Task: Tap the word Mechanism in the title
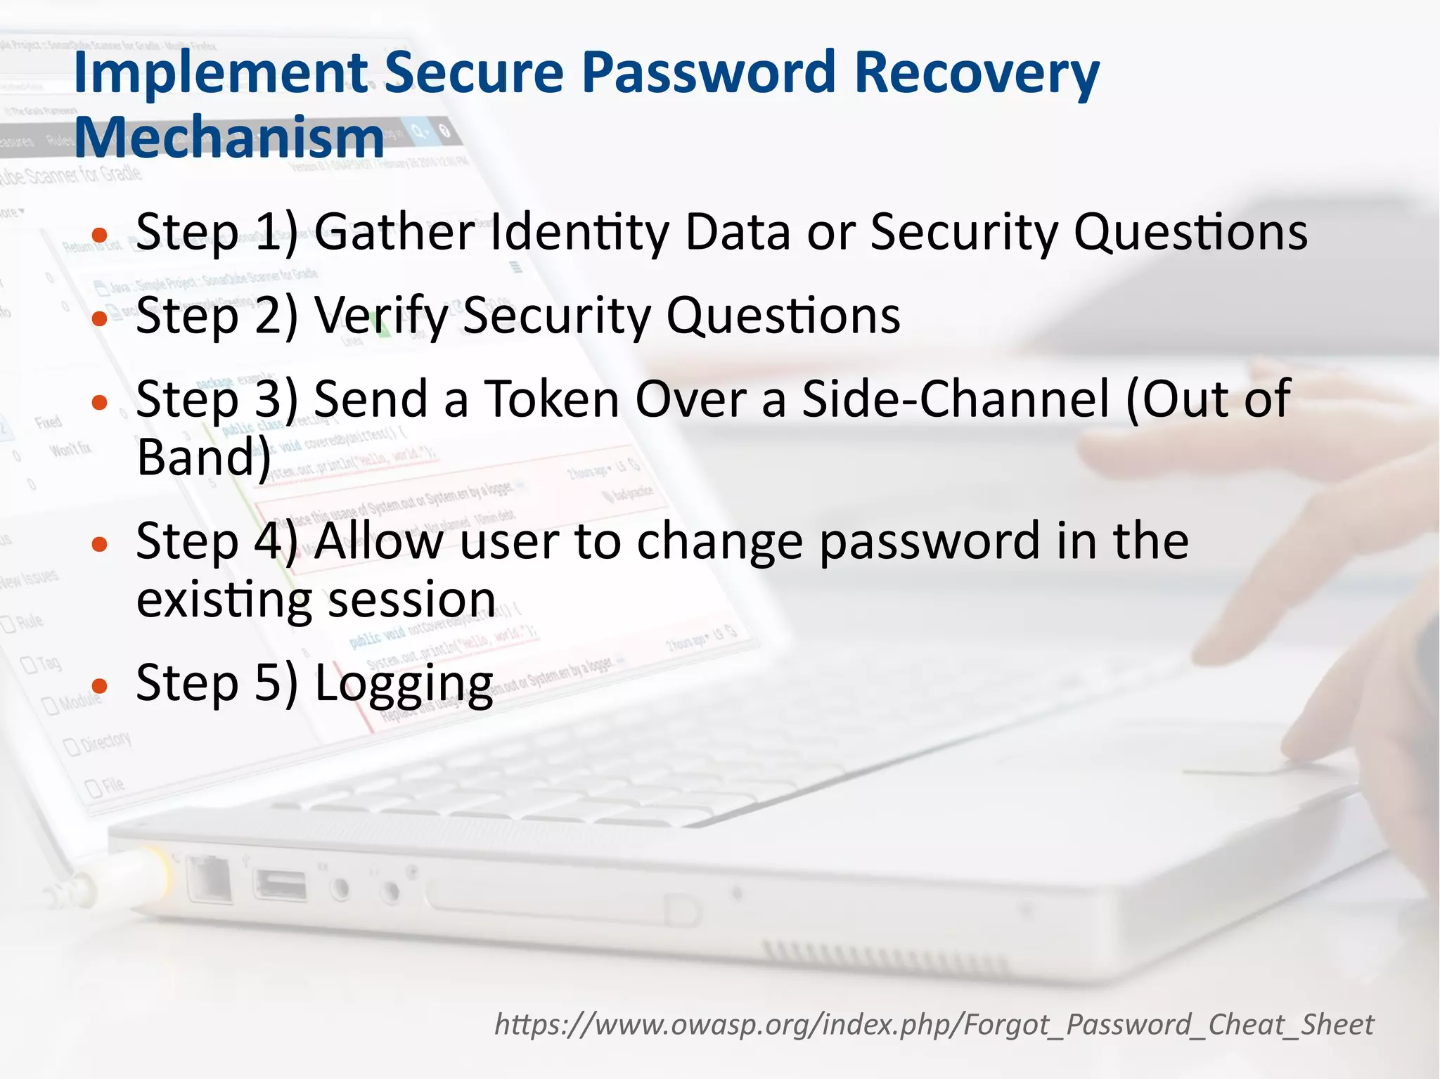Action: (229, 137)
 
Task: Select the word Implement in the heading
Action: (221, 73)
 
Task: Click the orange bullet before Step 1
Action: (100, 235)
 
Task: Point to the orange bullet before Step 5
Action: (100, 685)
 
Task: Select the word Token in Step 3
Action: (551, 399)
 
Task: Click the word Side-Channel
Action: (956, 399)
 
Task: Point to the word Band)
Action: (204, 458)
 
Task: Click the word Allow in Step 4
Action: (379, 541)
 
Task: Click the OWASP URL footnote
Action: (934, 1024)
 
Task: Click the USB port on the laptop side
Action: (281, 885)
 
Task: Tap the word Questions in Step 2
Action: (783, 316)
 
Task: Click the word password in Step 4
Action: (930, 541)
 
